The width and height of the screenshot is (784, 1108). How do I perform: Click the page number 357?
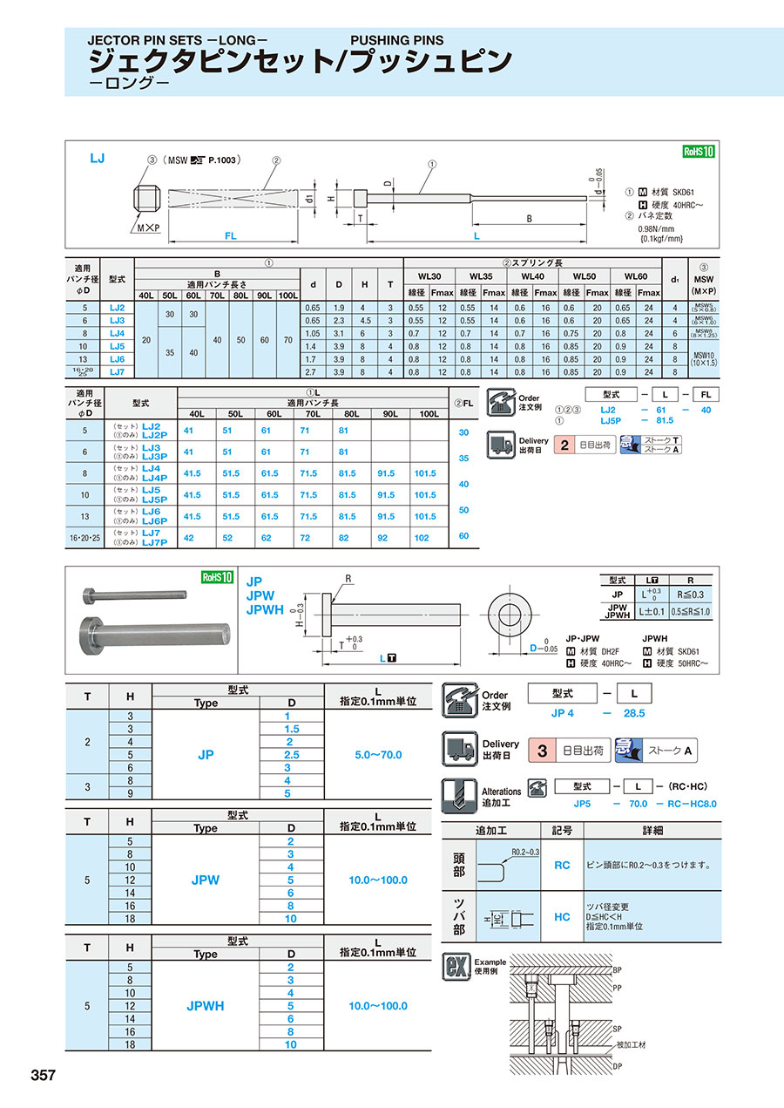44,1075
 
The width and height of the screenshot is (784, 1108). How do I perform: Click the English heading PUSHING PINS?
396,40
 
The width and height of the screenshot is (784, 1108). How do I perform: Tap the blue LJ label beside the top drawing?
98,159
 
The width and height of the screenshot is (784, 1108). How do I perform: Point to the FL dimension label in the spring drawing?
231,235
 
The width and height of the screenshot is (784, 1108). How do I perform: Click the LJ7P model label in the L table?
154,542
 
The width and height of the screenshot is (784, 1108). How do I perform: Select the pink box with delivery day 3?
542,750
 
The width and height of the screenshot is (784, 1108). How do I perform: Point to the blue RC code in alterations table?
563,865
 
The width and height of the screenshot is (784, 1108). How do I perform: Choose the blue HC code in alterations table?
563,917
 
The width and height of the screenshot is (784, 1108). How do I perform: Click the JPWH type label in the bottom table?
206,1006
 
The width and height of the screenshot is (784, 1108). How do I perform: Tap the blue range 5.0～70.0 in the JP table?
375,754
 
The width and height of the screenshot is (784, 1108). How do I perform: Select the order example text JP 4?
563,712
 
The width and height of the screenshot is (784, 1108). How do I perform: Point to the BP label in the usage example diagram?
617,969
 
